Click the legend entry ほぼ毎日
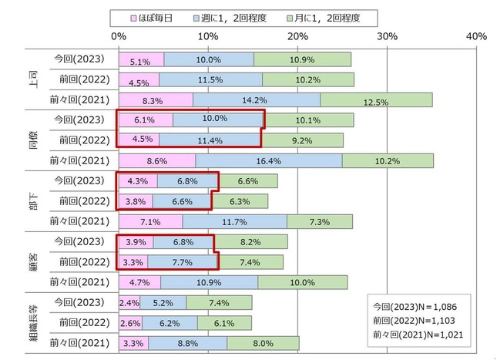click(160, 16)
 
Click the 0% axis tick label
click(119, 36)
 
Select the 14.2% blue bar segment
click(256, 99)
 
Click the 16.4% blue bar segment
click(268, 160)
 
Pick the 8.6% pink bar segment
click(156, 160)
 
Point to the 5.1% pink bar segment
click(141, 59)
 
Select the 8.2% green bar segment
click(250, 242)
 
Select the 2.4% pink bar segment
click(129, 303)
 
